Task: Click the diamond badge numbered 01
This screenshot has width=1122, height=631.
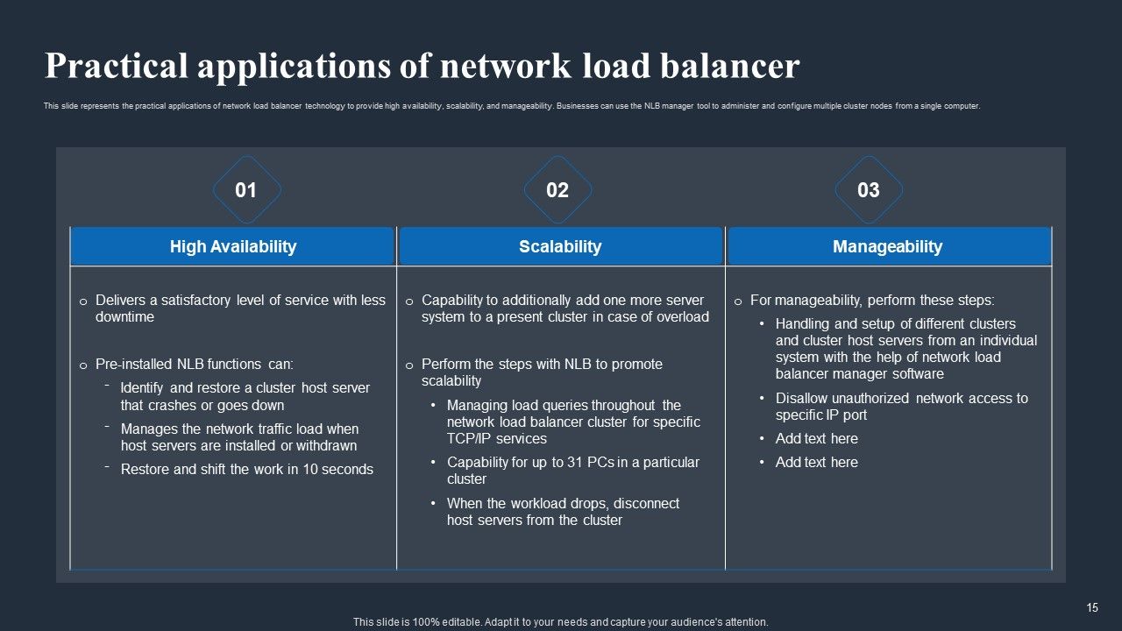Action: [x=246, y=190]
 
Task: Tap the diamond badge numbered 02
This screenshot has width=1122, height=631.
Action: [x=557, y=190]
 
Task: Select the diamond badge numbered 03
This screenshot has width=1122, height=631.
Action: [x=868, y=190]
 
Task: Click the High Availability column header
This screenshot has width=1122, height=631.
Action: [x=232, y=246]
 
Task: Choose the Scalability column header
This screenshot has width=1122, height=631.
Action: [x=560, y=246]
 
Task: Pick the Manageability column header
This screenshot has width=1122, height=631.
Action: [x=887, y=246]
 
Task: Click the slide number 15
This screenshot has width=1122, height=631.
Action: [x=1092, y=607]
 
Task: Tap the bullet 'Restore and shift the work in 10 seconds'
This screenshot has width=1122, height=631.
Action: [x=246, y=469]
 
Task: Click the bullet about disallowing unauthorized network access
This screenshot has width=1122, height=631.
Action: [x=901, y=406]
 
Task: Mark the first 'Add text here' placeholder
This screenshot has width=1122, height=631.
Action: [x=816, y=438]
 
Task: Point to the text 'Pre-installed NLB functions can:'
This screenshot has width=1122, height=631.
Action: [x=194, y=364]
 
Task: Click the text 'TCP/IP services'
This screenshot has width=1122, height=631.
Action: [x=496, y=438]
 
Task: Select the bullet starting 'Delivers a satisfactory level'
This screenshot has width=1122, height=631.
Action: [x=239, y=308]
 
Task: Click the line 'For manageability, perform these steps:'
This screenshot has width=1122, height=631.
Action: [x=872, y=300]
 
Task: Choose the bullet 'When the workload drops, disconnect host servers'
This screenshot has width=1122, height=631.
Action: [x=563, y=512]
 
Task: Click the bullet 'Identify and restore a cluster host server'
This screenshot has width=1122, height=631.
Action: [x=245, y=396]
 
